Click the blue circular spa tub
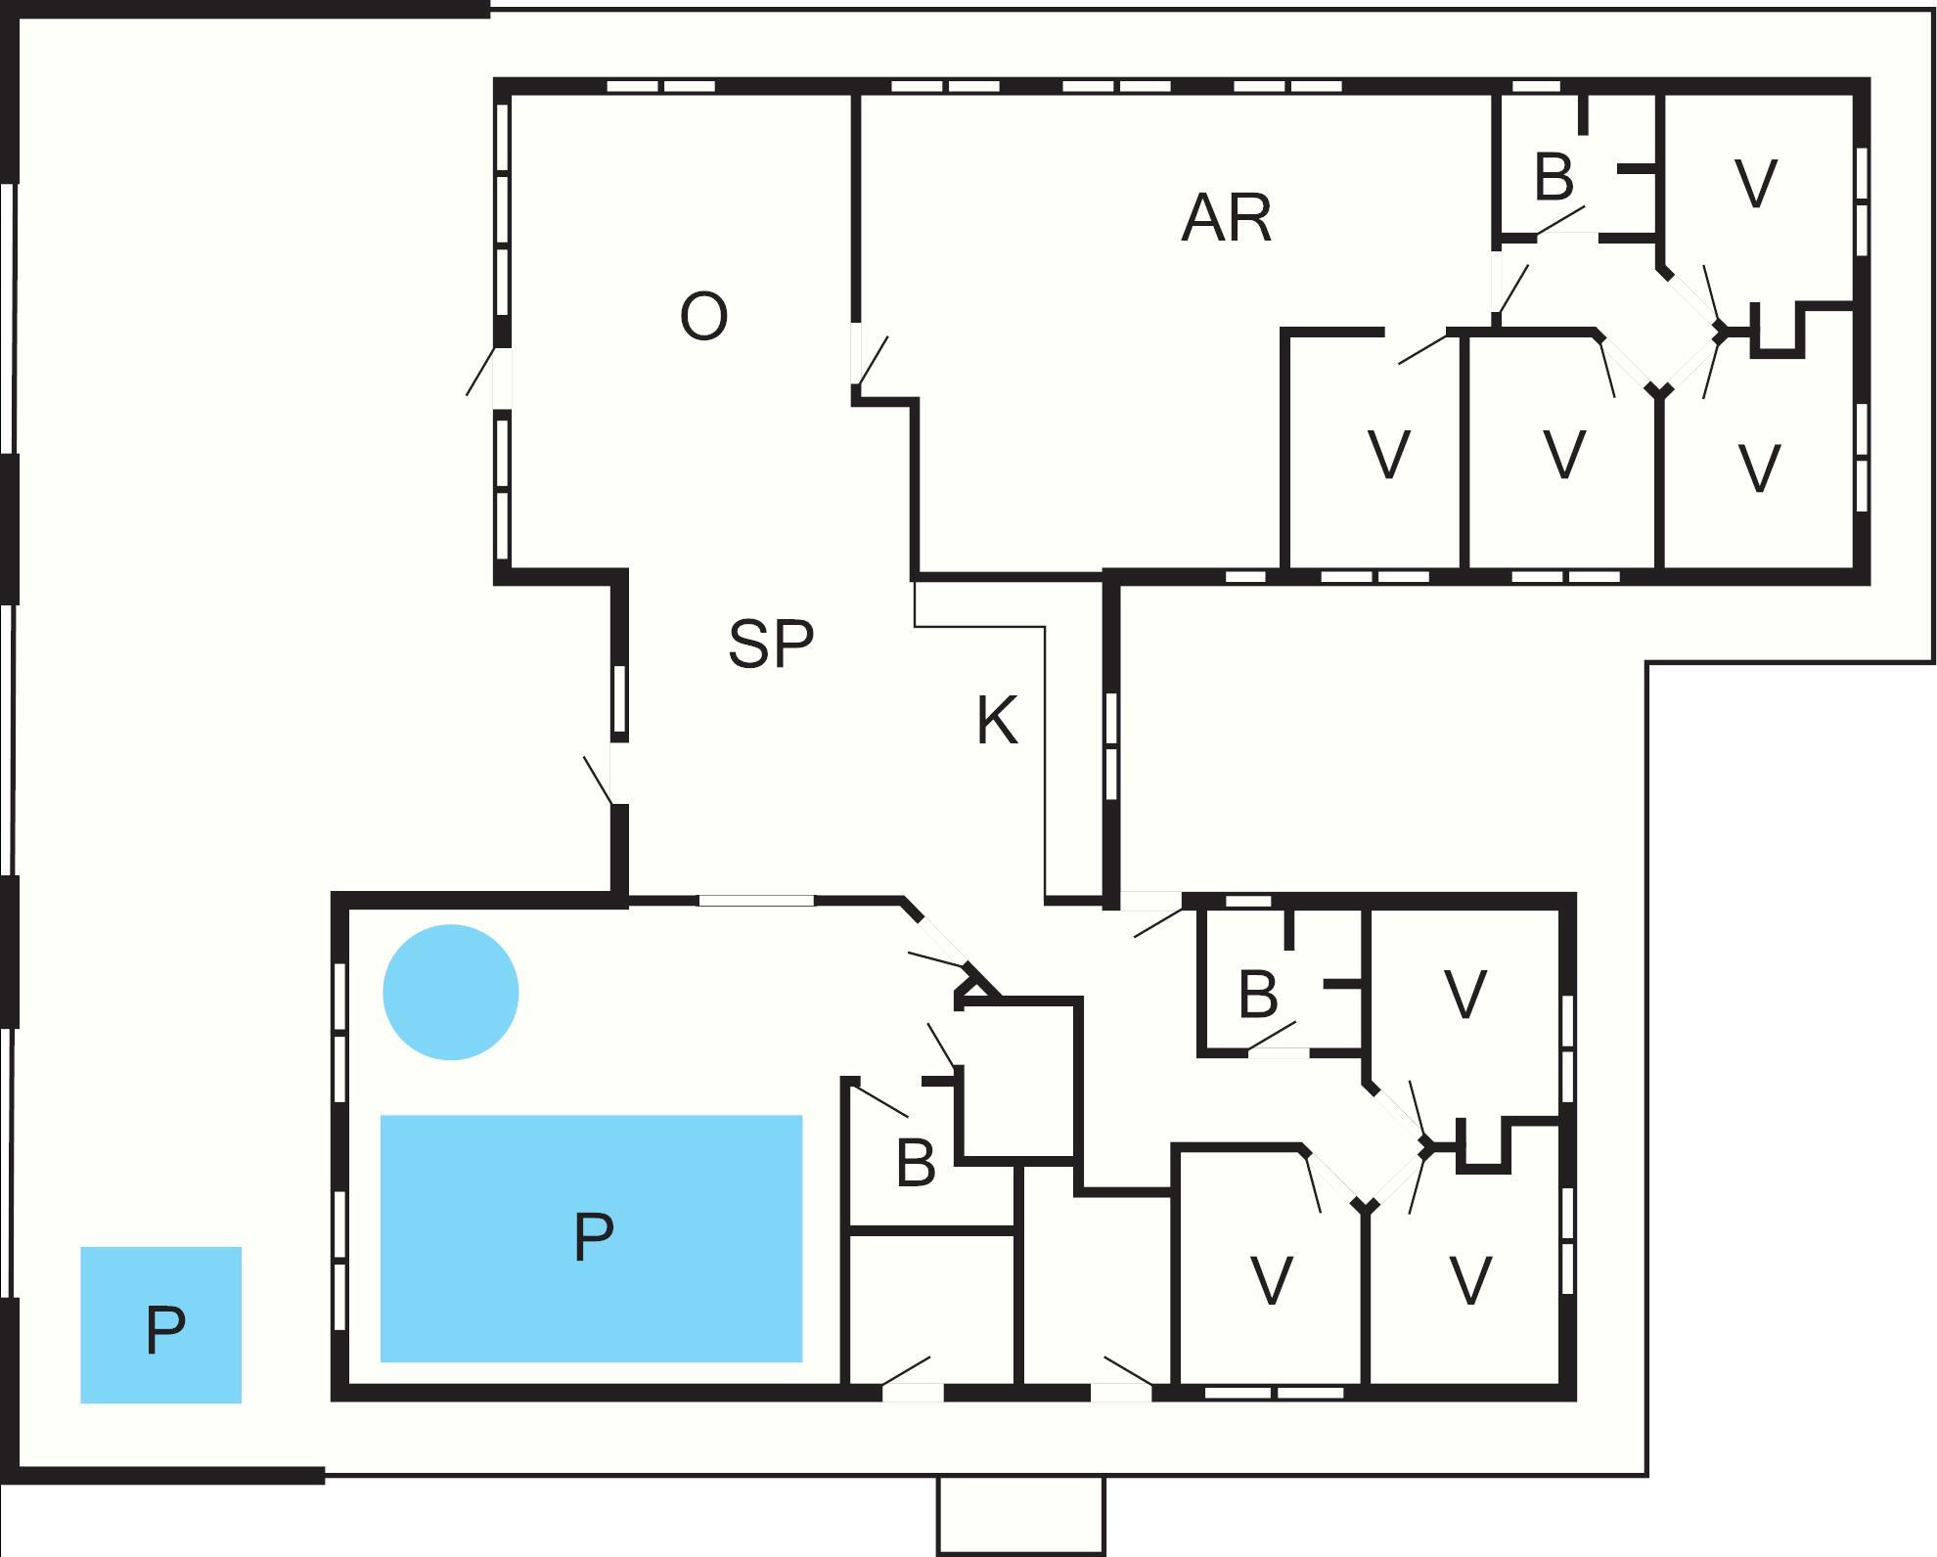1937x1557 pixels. click(x=450, y=992)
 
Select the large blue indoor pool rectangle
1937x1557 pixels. click(x=591, y=1238)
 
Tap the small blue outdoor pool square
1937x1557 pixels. click(x=160, y=1325)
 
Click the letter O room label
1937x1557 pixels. click(x=703, y=317)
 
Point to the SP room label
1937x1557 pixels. click(x=771, y=644)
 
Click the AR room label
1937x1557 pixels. click(x=1227, y=218)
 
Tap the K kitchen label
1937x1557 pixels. click(x=997, y=722)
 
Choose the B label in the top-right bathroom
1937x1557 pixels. click(x=1554, y=177)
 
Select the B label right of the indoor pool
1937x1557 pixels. click(x=916, y=1164)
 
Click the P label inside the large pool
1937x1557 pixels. click(x=593, y=1237)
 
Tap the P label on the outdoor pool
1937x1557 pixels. click(x=165, y=1330)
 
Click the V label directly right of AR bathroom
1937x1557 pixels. click(x=1755, y=184)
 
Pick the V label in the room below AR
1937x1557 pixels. click(x=1388, y=455)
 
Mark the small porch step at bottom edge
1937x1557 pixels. click(x=1020, y=1515)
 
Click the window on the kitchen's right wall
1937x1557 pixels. click(x=1111, y=747)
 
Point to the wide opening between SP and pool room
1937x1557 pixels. click(x=755, y=900)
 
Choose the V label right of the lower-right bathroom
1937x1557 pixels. click(x=1464, y=996)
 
